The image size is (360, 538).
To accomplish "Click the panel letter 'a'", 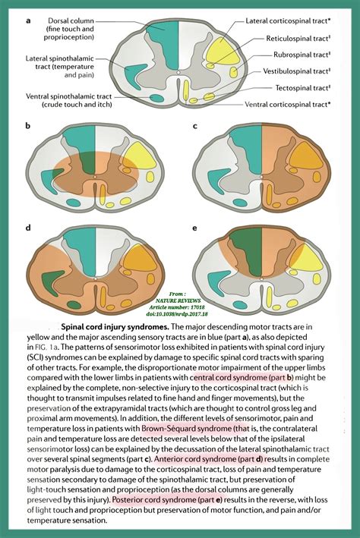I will tap(28, 20).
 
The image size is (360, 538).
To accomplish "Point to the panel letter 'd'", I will tap(28, 227).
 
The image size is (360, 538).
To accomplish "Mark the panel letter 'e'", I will tap(195, 227).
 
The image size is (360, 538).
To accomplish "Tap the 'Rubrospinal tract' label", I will tap(303, 55).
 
